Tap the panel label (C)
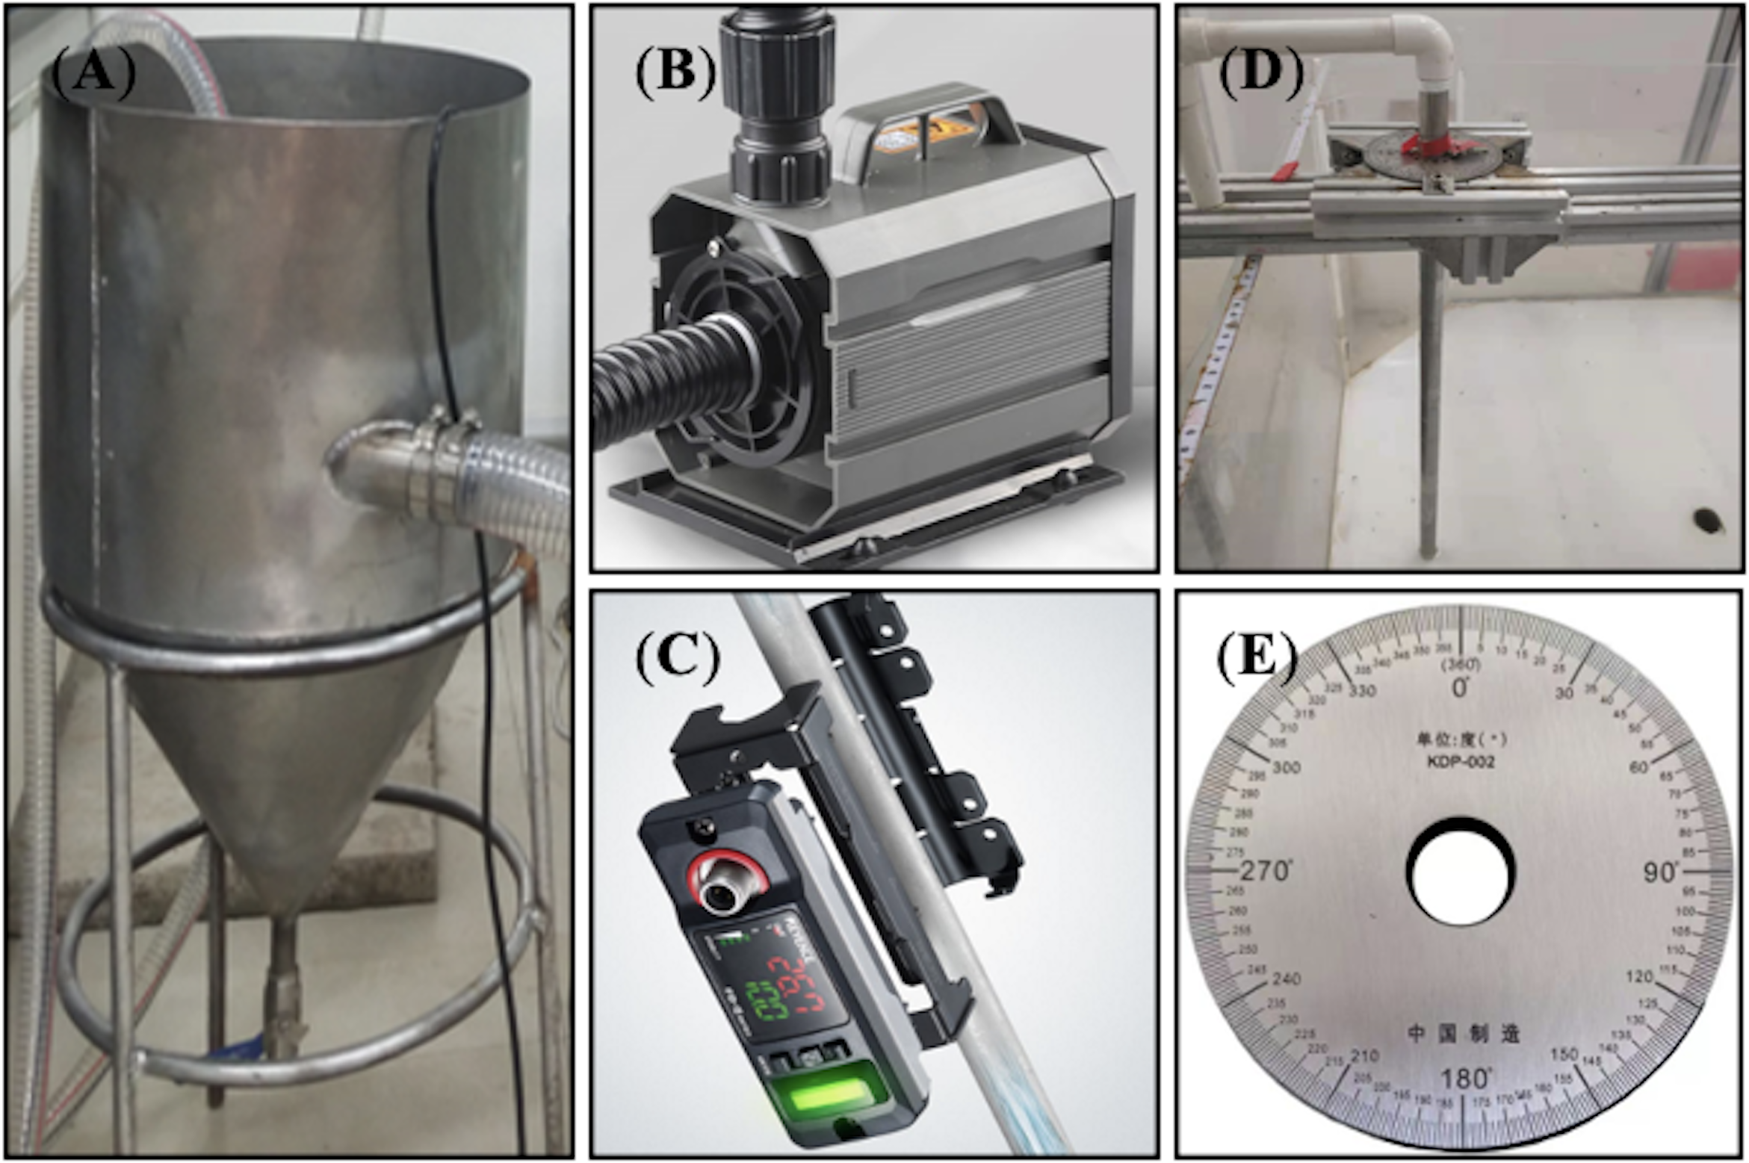677,657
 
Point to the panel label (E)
1257,657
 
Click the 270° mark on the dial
1265,871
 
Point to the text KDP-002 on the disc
1459,763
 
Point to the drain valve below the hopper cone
284,1001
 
